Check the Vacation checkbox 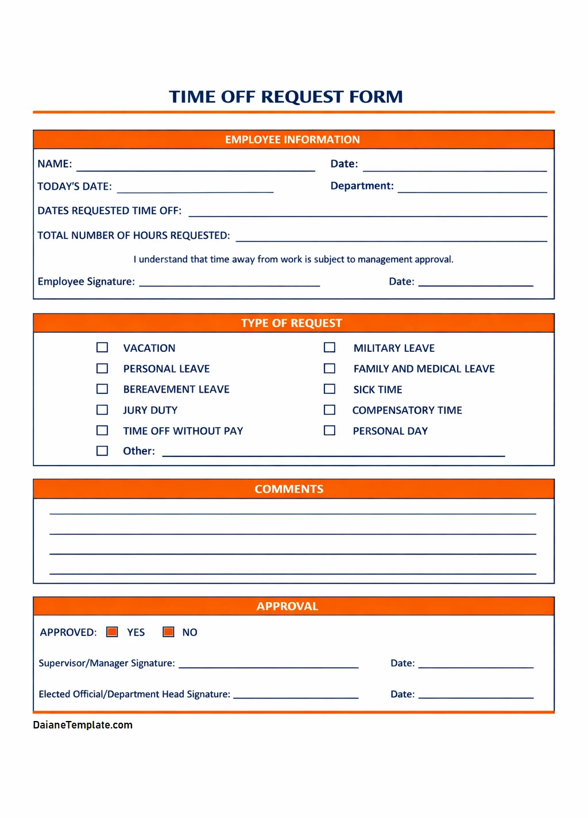pos(102,347)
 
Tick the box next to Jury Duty pos(102,410)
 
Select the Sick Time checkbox pos(330,389)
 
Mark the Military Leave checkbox pos(330,347)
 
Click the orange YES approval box pos(113,632)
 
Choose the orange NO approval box pos(168,632)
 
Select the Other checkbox pos(102,451)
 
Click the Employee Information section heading pos(292,139)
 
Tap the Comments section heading pos(289,489)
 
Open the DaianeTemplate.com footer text pos(83,725)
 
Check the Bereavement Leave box pos(102,389)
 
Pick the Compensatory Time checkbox pos(330,410)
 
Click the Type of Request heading pos(291,323)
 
